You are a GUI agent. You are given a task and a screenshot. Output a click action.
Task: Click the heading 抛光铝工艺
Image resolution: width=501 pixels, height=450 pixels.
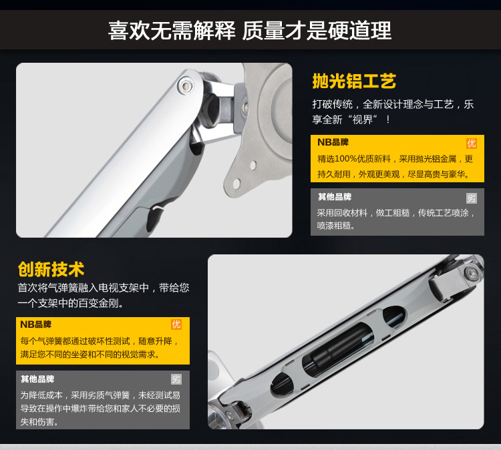[354, 81]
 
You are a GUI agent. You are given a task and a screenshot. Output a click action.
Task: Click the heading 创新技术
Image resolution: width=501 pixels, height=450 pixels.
[51, 269]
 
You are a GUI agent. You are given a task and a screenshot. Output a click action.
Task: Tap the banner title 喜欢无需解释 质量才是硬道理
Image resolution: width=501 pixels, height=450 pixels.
[250, 31]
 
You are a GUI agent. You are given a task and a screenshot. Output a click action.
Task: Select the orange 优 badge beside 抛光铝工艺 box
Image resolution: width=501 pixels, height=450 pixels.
[472, 144]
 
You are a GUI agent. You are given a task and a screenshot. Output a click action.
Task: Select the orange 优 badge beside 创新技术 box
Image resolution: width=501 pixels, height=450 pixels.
[176, 324]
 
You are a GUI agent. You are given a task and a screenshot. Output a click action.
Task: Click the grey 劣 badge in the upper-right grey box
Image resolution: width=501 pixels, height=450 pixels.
[472, 198]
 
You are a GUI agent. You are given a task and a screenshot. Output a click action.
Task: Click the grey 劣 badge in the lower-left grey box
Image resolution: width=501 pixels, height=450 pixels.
[176, 379]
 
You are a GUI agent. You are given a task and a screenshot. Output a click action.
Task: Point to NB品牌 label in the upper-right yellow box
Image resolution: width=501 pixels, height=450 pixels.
[333, 142]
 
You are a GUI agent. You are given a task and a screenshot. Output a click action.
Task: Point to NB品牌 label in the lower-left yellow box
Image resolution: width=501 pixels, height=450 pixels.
[36, 324]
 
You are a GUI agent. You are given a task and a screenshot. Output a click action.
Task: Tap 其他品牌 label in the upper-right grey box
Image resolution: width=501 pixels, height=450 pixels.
[335, 197]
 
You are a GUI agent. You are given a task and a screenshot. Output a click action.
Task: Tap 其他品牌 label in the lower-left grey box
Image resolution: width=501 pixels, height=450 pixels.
[37, 379]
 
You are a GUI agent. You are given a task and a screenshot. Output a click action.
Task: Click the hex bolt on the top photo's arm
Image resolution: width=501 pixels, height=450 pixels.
[186, 85]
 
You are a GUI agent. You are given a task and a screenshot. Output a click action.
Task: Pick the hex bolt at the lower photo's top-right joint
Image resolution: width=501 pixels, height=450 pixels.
[471, 273]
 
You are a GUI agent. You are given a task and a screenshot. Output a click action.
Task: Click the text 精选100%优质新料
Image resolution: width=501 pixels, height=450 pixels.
[354, 159]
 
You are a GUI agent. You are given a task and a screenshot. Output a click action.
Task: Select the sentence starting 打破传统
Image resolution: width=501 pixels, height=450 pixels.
[393, 111]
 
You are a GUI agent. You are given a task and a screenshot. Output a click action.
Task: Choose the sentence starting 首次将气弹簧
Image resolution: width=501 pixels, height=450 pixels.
[104, 295]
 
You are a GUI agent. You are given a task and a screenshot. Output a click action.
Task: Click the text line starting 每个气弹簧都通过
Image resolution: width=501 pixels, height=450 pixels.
[100, 341]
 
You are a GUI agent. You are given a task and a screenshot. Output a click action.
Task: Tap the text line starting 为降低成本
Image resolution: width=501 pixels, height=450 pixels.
[100, 395]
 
